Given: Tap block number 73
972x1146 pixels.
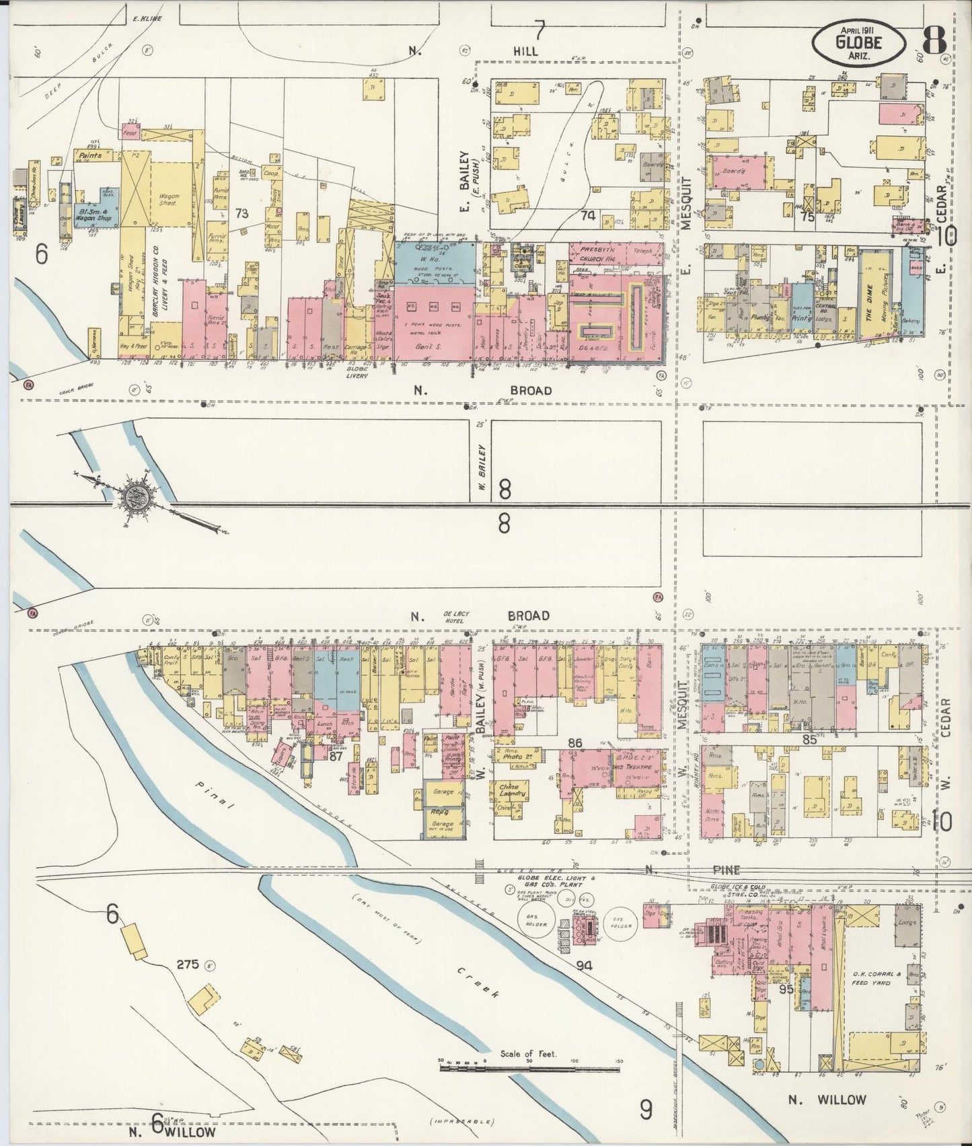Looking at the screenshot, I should point(242,214).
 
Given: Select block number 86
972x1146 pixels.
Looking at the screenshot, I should point(575,743).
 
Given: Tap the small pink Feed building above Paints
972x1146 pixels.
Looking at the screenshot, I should point(130,134).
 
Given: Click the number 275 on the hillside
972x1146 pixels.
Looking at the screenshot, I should point(188,964).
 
